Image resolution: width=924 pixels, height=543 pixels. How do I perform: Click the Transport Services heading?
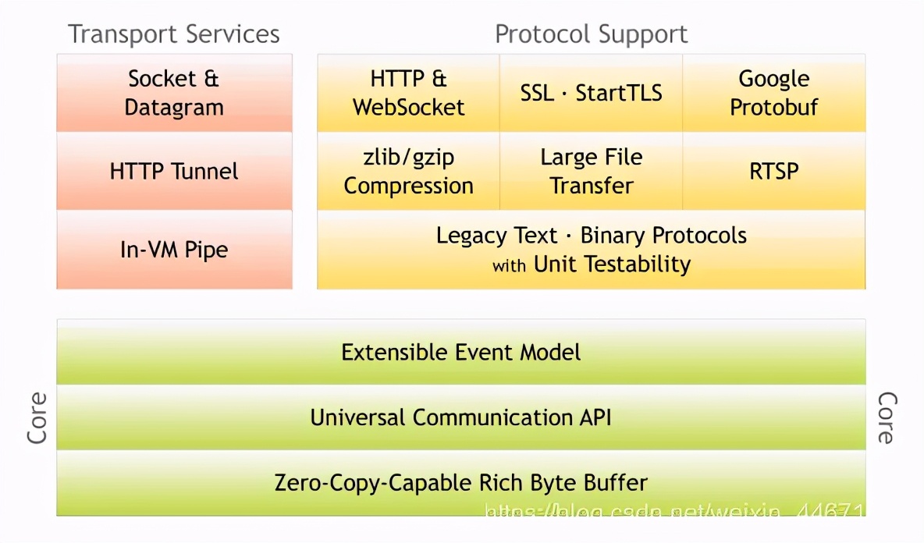tap(173, 34)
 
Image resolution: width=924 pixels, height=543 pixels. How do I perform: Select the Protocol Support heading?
tap(591, 34)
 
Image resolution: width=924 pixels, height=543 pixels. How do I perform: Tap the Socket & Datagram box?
tap(174, 93)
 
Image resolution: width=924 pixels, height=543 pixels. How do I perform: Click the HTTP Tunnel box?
tap(174, 171)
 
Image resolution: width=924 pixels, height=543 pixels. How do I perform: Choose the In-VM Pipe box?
tap(174, 250)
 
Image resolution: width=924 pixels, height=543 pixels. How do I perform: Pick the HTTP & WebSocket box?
tap(408, 93)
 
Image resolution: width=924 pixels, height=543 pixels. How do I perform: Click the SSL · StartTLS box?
tap(591, 93)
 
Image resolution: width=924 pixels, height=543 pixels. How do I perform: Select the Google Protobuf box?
tap(773, 93)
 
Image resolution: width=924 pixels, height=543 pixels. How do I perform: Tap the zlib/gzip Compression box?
tap(408, 171)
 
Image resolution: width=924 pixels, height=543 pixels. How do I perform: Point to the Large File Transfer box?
tap(591, 171)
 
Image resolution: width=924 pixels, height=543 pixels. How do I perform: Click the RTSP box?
tap(773, 171)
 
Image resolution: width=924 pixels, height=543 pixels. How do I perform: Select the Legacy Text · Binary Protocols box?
tap(591, 250)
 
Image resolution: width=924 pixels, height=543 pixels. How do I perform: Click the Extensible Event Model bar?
tap(460, 352)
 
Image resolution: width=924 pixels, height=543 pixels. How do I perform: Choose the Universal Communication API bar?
tap(460, 417)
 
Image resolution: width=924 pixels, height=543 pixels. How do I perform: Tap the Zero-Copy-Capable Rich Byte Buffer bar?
tap(460, 482)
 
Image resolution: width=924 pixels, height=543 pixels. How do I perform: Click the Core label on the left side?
tap(37, 418)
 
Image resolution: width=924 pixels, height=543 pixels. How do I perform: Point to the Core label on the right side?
tap(886, 418)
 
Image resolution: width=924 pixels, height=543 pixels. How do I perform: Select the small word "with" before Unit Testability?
tap(509, 266)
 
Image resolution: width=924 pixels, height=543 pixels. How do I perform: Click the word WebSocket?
tap(408, 108)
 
